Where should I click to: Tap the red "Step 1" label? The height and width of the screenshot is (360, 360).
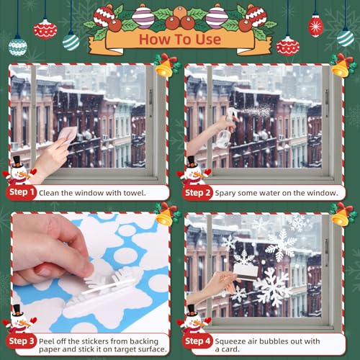pos(22,193)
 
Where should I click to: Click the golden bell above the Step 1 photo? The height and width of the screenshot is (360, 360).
pos(164,66)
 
